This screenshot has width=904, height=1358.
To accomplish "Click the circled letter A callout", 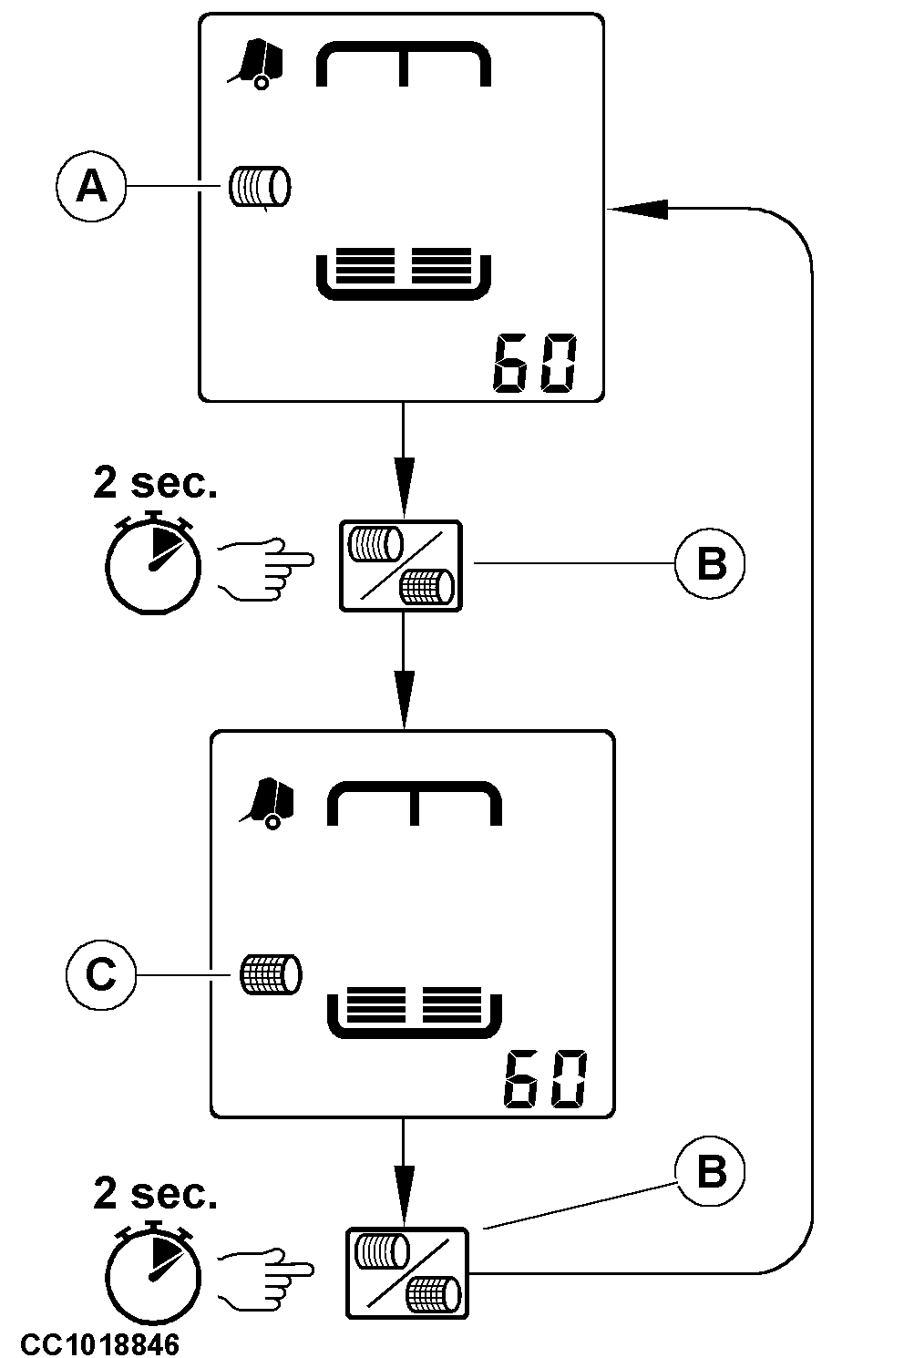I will (x=90, y=187).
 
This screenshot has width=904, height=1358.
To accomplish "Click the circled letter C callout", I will (x=100, y=974).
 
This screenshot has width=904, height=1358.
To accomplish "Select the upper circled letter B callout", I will (x=711, y=564).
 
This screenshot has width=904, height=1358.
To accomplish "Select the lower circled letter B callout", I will (x=711, y=1171).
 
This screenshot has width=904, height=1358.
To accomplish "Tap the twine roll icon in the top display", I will (x=260, y=187).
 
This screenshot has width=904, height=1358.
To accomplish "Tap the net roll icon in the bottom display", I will (x=270, y=974).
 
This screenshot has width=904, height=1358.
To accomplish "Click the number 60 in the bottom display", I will (x=545, y=1080).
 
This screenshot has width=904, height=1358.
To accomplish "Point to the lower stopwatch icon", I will (x=153, y=1270).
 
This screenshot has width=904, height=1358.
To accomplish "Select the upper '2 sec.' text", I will (x=156, y=483).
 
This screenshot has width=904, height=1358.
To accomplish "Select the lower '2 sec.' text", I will (x=156, y=1192).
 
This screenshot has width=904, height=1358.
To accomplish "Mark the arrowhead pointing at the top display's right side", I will (x=638, y=209).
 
